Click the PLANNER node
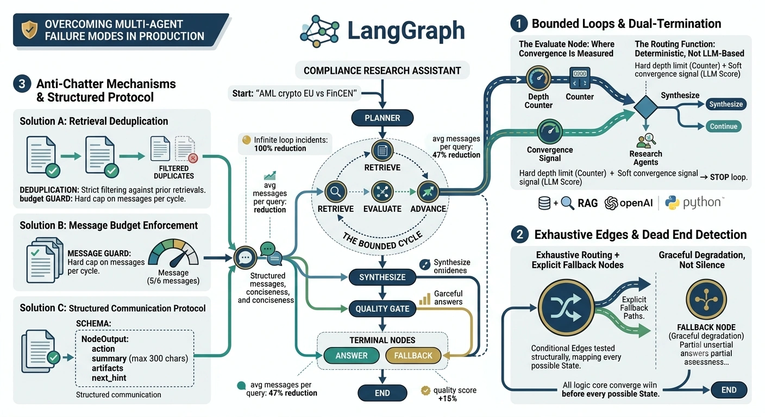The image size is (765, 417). [382, 118]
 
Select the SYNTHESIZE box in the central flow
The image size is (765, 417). [382, 277]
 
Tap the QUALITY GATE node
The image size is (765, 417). [382, 309]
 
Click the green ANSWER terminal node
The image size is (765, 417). [352, 356]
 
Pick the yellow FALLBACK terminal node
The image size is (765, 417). [413, 356]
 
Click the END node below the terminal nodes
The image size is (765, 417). [382, 393]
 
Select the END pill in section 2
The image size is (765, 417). [729, 390]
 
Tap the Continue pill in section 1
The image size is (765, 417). [723, 127]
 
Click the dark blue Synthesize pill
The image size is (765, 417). [726, 104]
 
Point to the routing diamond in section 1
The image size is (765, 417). [645, 107]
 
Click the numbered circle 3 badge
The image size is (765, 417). [22, 84]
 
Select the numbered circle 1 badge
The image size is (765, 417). [519, 23]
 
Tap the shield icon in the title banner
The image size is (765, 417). [30, 30]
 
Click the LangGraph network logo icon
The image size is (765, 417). [319, 31]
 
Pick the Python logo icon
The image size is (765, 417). [672, 203]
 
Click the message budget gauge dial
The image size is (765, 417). [173, 253]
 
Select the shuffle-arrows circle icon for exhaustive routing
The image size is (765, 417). [566, 307]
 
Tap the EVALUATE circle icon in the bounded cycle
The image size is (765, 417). [382, 192]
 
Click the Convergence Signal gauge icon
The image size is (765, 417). [549, 131]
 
